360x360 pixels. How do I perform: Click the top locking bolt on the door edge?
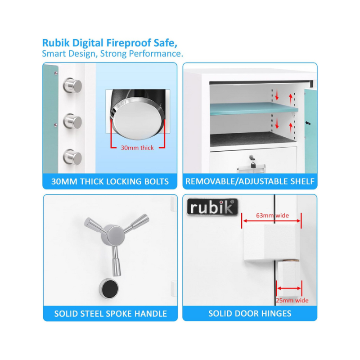(x=72, y=85)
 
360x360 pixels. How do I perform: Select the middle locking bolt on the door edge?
(x=72, y=121)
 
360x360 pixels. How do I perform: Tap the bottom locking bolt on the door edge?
(x=72, y=157)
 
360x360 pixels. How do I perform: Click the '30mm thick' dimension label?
(x=137, y=148)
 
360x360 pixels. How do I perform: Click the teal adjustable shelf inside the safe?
(x=254, y=108)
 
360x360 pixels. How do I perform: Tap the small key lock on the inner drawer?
(x=252, y=161)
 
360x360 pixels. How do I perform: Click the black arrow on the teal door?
(x=308, y=123)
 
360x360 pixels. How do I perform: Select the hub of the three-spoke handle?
(x=113, y=234)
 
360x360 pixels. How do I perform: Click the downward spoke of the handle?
(x=116, y=261)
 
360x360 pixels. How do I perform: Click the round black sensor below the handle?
(x=109, y=288)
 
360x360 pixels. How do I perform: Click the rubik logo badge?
(x=212, y=207)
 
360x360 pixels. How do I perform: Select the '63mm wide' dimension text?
(x=272, y=216)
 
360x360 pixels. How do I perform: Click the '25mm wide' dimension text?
(x=292, y=300)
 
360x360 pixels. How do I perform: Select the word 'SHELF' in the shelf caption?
(x=302, y=181)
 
